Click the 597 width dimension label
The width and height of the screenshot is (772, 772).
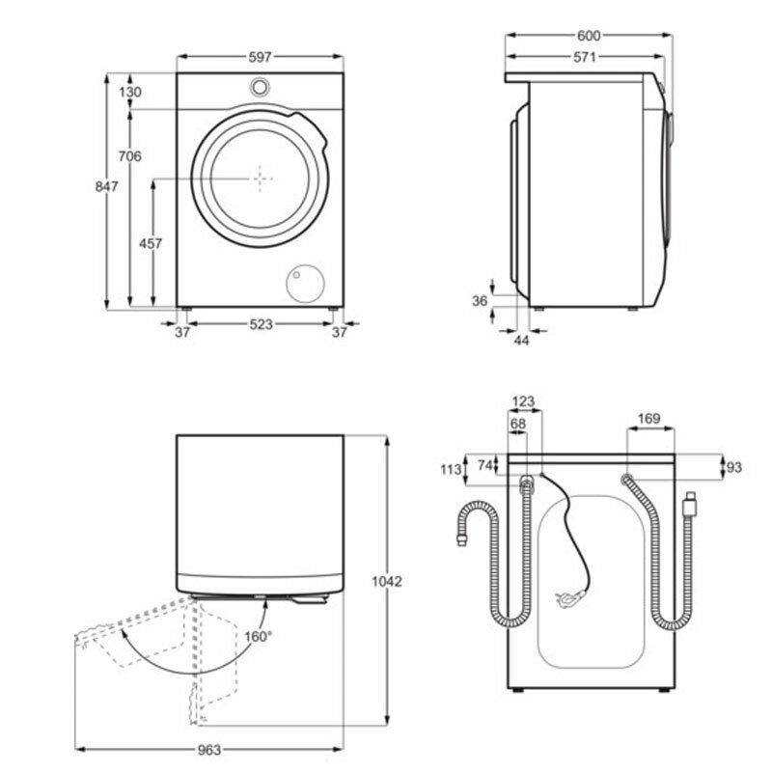(261, 58)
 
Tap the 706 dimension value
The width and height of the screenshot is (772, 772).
(131, 155)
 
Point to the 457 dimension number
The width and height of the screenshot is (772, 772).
(151, 244)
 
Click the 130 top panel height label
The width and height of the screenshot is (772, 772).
(131, 93)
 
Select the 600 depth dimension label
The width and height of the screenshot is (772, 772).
(589, 36)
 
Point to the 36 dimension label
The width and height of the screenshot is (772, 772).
(480, 301)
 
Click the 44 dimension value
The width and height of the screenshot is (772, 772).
(522, 341)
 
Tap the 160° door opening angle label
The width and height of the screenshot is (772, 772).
(260, 636)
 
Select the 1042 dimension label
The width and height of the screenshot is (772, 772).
(387, 581)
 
